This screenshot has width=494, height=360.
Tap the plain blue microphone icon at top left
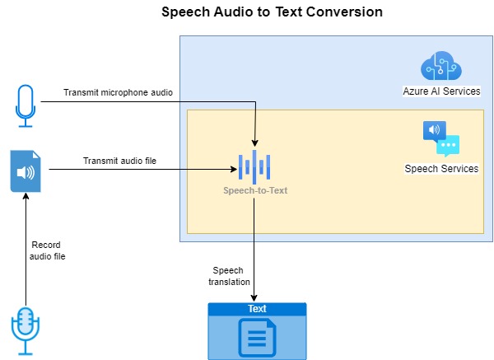pos(26,105)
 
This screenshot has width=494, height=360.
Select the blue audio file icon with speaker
pos(26,171)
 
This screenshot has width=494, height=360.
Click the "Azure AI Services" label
pos(441,91)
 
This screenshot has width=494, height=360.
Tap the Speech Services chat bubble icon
pos(440,138)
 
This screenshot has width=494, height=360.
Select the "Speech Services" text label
pos(441,168)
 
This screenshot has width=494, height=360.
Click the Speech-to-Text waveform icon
pos(254,167)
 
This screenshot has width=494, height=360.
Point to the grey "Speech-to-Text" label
pos(254,190)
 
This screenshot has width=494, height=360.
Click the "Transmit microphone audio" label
pos(119,91)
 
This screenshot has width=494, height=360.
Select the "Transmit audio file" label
pos(119,161)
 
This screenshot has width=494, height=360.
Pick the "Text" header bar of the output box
pos(257,309)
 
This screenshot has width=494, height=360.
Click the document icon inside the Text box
pos(257,337)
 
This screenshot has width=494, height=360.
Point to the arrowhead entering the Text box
pos(254,298)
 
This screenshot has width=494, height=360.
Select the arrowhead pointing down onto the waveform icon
pos(255,145)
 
